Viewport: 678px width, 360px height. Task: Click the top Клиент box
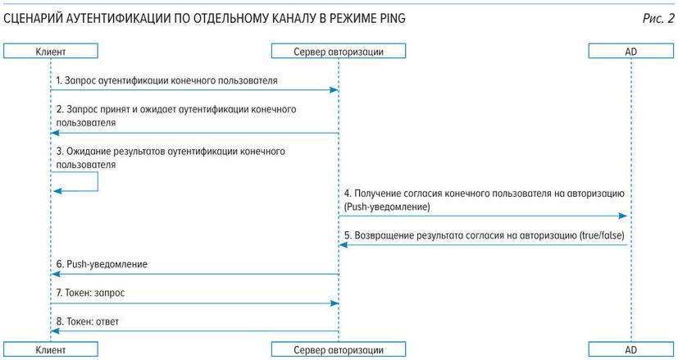[51, 51]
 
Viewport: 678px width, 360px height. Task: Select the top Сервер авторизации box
[339, 51]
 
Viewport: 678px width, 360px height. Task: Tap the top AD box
[631, 51]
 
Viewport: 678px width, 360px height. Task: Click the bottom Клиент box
[51, 349]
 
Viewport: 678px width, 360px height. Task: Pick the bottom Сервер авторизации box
[339, 349]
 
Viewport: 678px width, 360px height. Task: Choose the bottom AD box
[631, 349]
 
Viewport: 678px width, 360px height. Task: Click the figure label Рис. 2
[658, 19]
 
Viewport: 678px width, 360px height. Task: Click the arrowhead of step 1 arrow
[334, 90]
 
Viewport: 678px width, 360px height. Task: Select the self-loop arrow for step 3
[98, 181]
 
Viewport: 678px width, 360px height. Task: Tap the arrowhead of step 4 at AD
[622, 216]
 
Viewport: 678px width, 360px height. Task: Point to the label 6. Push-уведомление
[102, 264]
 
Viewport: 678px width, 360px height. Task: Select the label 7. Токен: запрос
[90, 293]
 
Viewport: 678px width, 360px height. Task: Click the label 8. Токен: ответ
[88, 322]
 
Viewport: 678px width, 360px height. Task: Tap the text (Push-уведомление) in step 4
[387, 207]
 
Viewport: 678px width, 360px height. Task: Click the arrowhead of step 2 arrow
[55, 133]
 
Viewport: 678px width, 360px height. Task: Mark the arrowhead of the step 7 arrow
[334, 303]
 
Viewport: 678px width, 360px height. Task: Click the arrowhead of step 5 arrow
[344, 245]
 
